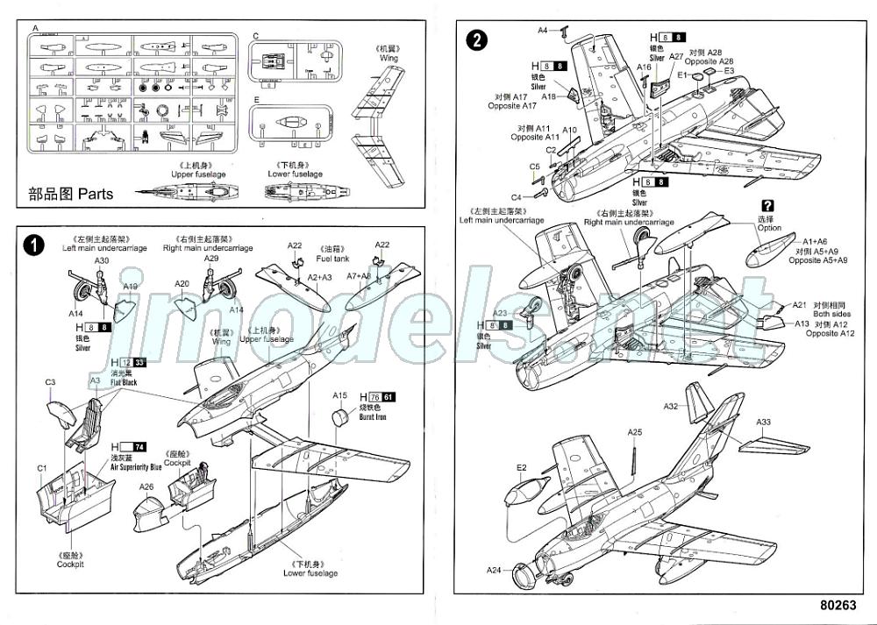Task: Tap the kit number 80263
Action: coord(839,605)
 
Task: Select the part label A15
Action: coord(340,395)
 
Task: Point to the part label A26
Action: coord(146,487)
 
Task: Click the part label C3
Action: coord(51,382)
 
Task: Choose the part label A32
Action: coord(671,406)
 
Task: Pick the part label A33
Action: coord(764,422)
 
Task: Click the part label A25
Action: coord(635,432)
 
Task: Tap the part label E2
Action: coord(521,467)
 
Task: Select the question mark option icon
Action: coord(768,206)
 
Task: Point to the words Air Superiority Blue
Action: coord(136,467)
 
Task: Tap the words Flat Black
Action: coord(125,382)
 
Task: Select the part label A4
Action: coord(542,31)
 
